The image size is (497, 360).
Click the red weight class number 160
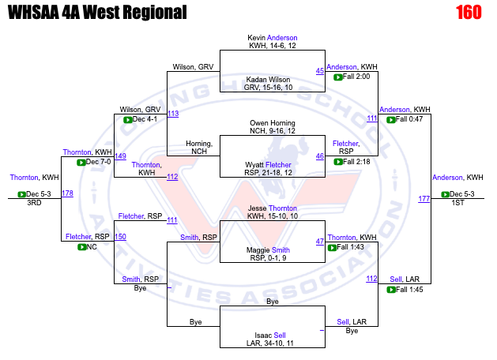(469, 13)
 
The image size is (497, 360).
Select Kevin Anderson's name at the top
(273, 38)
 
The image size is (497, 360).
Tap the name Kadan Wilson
(268, 80)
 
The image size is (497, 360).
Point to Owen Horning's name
(273, 123)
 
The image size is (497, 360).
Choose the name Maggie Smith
(268, 250)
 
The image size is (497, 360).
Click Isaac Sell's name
(270, 336)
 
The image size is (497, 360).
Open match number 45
(320, 71)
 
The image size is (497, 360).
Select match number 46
(320, 156)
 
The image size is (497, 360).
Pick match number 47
(320, 242)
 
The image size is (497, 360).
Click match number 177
(424, 199)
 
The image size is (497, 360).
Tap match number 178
(67, 193)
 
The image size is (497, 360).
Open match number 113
(173, 114)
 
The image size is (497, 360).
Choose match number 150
(120, 237)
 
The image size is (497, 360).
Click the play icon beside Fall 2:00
(338, 77)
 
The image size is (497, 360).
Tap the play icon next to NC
(81, 247)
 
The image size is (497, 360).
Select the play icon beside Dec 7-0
(81, 163)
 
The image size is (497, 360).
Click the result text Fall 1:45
(409, 290)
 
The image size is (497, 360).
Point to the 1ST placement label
(457, 203)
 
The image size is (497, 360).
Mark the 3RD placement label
(34, 203)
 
